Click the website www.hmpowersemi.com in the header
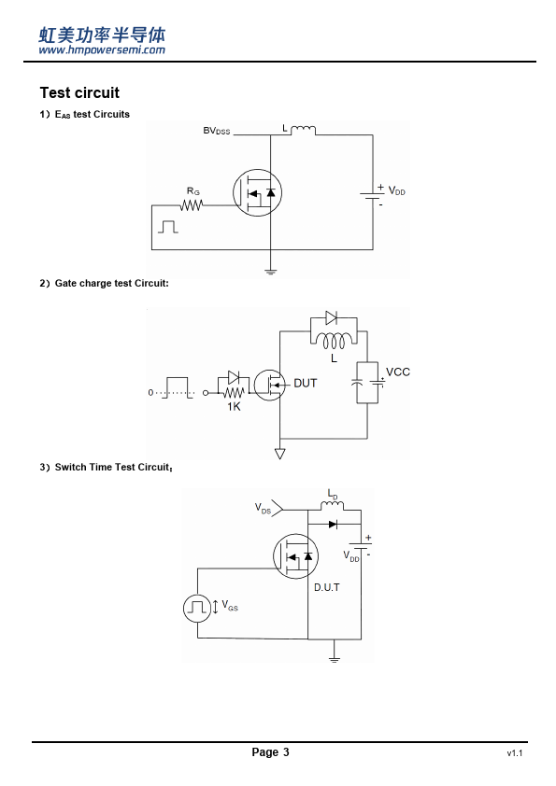[102, 49]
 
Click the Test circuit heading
[79, 92]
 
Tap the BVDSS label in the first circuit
[216, 131]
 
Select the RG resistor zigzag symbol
[192, 205]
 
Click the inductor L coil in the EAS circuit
[303, 131]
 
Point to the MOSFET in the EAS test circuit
[257, 193]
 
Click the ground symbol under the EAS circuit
[270, 272]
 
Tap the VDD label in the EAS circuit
[396, 191]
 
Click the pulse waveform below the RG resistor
[168, 227]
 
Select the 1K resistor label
[234, 406]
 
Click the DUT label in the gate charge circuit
[305, 383]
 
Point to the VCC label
[398, 372]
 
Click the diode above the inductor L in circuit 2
[331, 317]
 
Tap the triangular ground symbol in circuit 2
[280, 454]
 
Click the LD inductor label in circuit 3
[333, 494]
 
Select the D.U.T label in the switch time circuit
[327, 587]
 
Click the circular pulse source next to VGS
[197, 608]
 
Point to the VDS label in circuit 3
[263, 509]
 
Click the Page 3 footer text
[270, 751]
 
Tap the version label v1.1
[514, 753]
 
